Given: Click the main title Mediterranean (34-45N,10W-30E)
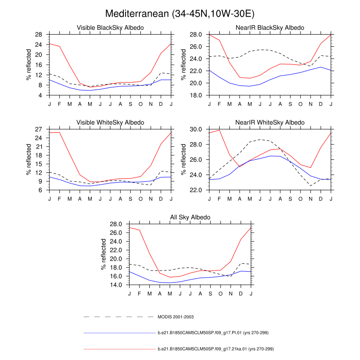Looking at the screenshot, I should point(180,14).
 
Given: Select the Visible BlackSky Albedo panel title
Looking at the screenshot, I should point(111,28).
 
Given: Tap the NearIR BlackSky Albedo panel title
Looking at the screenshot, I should point(270,28).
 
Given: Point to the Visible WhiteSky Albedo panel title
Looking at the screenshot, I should point(111,123).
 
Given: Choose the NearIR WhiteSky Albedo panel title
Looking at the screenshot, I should point(270,123).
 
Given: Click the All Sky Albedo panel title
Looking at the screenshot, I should point(190,218).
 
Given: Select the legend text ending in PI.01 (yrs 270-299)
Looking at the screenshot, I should point(216,333).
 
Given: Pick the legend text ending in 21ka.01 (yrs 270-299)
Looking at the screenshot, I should point(216,349).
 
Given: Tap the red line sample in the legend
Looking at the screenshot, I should point(119,349).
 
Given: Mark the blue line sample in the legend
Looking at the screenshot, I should point(119,333).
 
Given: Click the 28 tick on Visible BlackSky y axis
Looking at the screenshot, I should point(39,34).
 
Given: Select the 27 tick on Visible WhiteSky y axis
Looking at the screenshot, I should point(39,129).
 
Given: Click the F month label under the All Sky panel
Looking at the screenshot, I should point(139,293).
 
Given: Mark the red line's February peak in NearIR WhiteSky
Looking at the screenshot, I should point(220,130).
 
